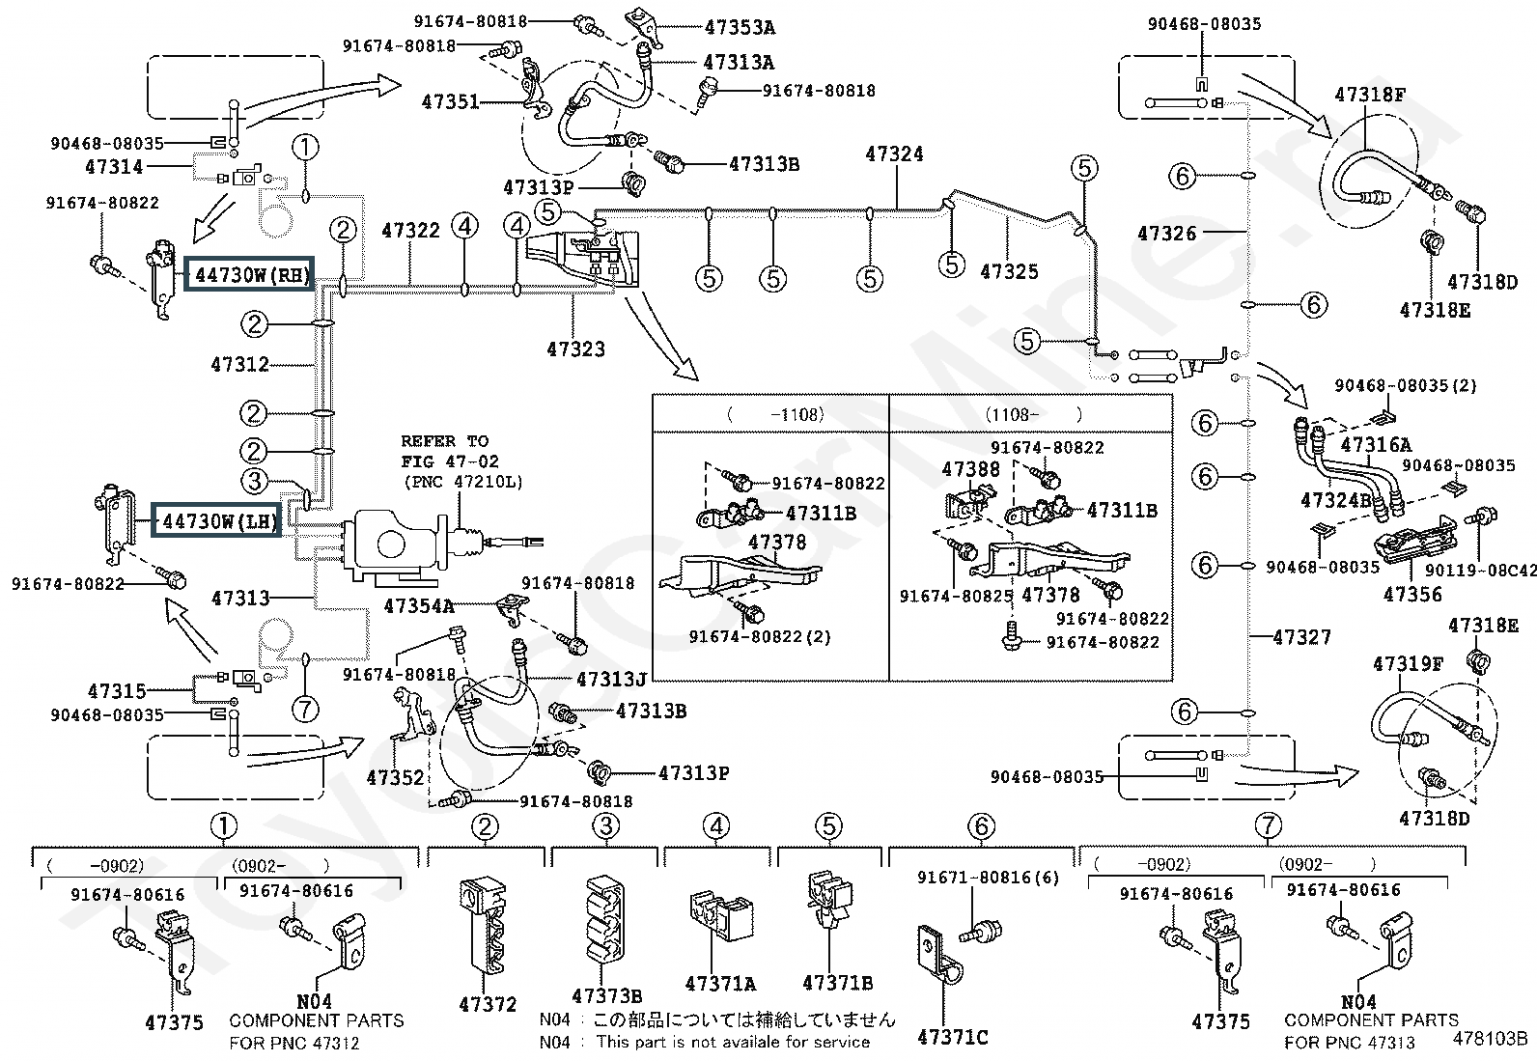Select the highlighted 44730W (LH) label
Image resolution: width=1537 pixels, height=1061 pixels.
pyautogui.click(x=217, y=521)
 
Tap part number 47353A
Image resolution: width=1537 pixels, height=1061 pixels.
pyautogui.click(x=740, y=27)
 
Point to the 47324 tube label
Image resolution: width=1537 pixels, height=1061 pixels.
pyautogui.click(x=894, y=154)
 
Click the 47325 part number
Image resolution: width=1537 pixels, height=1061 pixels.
pyautogui.click(x=1009, y=272)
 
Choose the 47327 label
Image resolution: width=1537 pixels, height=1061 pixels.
pyautogui.click(x=1301, y=637)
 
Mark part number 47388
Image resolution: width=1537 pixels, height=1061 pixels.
pyautogui.click(x=971, y=469)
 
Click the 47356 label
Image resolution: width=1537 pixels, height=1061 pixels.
pyautogui.click(x=1412, y=595)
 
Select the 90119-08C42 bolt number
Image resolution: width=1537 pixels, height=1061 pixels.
pyautogui.click(x=1480, y=571)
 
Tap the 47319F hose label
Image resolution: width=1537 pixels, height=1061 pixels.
pyautogui.click(x=1408, y=664)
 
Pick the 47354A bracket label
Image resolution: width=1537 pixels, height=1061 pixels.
pyautogui.click(x=419, y=606)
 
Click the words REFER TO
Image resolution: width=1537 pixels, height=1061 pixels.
pyautogui.click(x=445, y=441)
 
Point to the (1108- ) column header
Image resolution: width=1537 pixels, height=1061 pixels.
pyautogui.click(x=1033, y=414)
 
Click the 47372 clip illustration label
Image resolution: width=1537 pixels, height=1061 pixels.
pyautogui.click(x=488, y=1005)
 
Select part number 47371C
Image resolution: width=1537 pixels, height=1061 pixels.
pyautogui.click(x=952, y=1037)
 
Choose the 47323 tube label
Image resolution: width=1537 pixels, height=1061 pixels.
pyautogui.click(x=575, y=349)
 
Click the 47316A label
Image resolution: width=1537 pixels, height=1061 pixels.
pyautogui.click(x=1376, y=445)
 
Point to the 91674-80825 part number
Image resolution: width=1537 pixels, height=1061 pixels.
pyautogui.click(x=956, y=597)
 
